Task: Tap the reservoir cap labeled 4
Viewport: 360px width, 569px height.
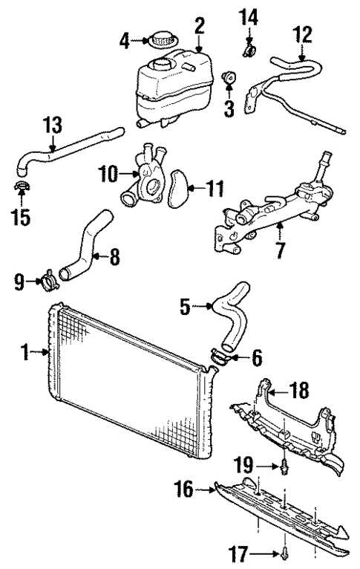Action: click(x=162, y=38)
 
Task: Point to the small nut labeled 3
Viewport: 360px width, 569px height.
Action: click(x=229, y=77)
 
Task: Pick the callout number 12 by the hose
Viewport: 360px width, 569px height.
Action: click(x=302, y=35)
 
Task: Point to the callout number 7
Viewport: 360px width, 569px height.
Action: click(x=279, y=250)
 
